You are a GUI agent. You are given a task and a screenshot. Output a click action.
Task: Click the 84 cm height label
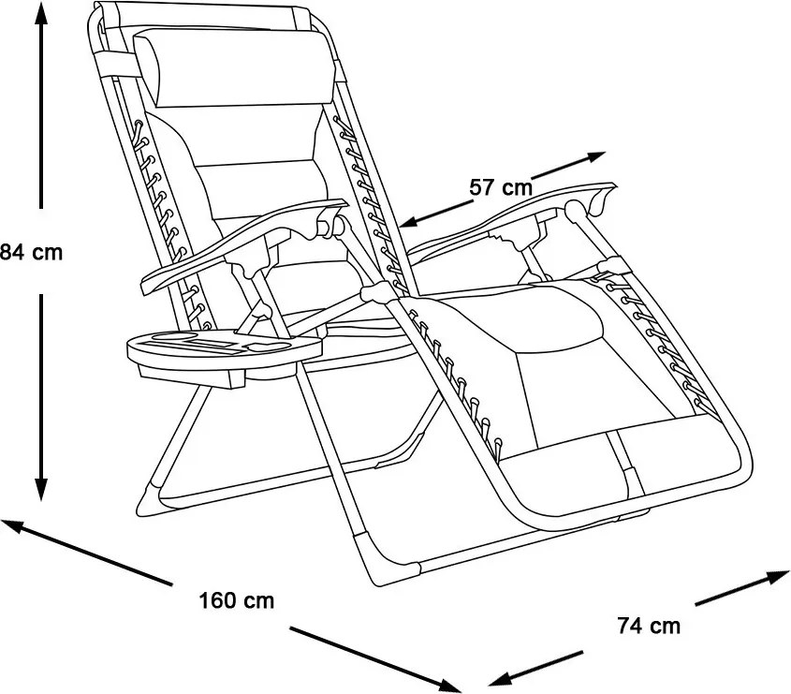31,252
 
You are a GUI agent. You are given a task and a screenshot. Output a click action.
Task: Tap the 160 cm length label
237,600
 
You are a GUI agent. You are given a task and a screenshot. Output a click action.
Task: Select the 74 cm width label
649,626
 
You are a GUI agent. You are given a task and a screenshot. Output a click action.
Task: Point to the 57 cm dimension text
501,187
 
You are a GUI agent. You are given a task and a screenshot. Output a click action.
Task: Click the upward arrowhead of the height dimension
41,15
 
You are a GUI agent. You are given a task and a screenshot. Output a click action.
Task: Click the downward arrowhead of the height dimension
41,490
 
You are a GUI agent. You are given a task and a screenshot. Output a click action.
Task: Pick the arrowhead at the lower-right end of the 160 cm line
449,686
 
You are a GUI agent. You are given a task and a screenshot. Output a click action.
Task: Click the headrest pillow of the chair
237,68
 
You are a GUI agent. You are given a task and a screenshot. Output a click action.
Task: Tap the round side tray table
224,353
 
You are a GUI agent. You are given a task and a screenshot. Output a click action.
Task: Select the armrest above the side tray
242,243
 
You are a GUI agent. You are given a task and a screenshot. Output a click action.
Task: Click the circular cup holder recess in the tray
175,336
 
